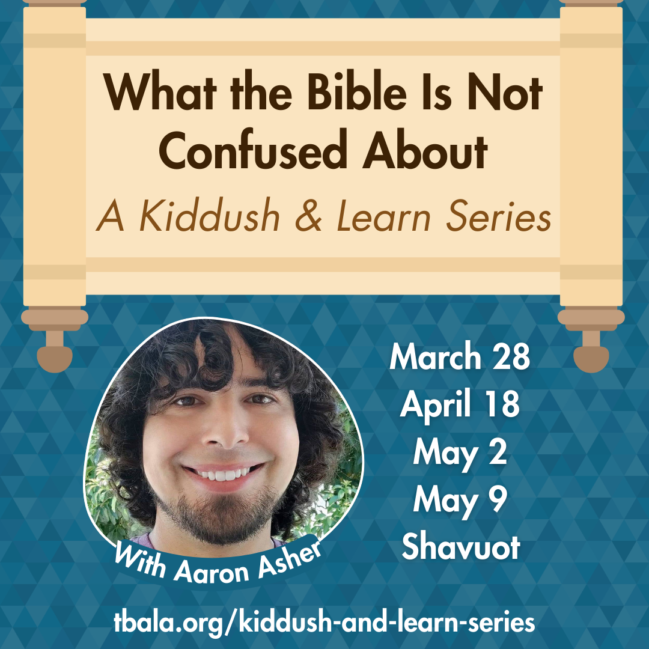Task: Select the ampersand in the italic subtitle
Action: tap(309, 217)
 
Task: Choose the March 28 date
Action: tap(460, 358)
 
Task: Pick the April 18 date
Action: tap(460, 405)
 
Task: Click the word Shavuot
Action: tap(460, 547)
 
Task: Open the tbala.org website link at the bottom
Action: tap(324, 621)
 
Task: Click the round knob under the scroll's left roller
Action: tap(55, 358)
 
